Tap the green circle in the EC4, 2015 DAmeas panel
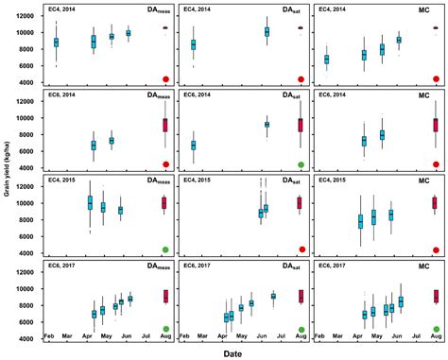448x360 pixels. [165, 249]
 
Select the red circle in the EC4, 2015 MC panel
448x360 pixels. [436, 249]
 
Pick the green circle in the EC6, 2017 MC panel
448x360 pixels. [436, 329]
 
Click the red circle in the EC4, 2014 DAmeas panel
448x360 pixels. [165, 79]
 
